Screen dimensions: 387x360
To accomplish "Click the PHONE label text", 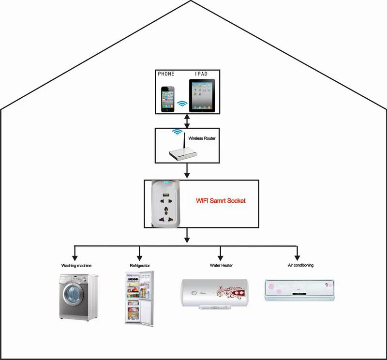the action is coord(166,74).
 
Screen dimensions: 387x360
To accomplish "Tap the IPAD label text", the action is coord(201,74).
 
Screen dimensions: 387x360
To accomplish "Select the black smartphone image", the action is coord(168,99).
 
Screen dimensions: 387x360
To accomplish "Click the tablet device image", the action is coord(202,95).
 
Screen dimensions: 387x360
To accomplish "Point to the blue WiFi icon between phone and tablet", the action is coord(182,104).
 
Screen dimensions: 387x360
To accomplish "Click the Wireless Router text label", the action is coord(202,138).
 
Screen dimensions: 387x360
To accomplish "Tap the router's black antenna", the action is coord(184,143).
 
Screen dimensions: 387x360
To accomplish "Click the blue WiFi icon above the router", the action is coord(177,132).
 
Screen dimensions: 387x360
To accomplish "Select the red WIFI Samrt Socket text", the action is coord(221,201).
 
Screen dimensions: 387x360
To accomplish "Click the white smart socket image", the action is coord(165,204).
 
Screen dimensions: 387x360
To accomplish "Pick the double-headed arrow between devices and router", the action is coord(187,121).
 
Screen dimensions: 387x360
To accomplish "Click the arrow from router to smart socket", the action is coord(187,171).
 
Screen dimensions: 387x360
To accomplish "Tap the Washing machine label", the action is coord(76,266).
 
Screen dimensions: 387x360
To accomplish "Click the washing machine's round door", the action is coord(74,294).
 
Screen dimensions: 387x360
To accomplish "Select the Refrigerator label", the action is coord(140,266).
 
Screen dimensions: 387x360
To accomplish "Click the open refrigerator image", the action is coord(139,299).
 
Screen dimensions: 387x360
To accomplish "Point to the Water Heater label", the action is coord(221,265).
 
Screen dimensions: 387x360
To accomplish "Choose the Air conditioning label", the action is coord(300,265).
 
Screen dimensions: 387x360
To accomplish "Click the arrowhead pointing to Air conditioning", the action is coord(297,258).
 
